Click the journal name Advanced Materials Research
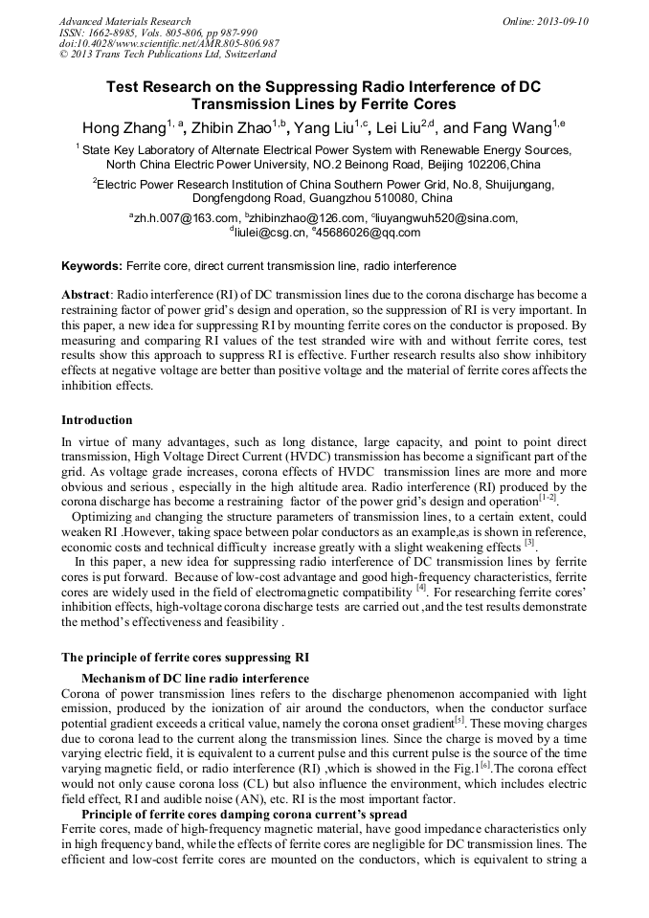[124, 21]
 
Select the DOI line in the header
[168, 43]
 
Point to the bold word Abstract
[86, 295]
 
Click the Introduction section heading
[97, 420]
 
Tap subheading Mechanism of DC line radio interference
[195, 678]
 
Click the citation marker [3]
[528, 543]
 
